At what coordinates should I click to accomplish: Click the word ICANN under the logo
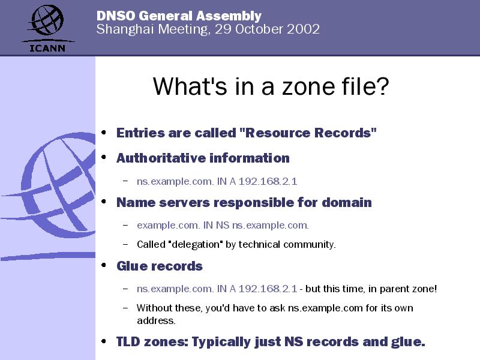click(x=47, y=48)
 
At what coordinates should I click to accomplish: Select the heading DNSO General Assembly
click(x=179, y=16)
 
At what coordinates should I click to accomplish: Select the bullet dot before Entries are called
click(x=104, y=133)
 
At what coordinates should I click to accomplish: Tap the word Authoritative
click(x=161, y=158)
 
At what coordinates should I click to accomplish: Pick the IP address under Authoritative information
click(x=268, y=181)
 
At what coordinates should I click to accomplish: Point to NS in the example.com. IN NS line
click(x=223, y=226)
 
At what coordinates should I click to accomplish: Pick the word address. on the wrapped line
click(x=156, y=320)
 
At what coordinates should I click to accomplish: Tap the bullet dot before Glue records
click(x=104, y=265)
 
